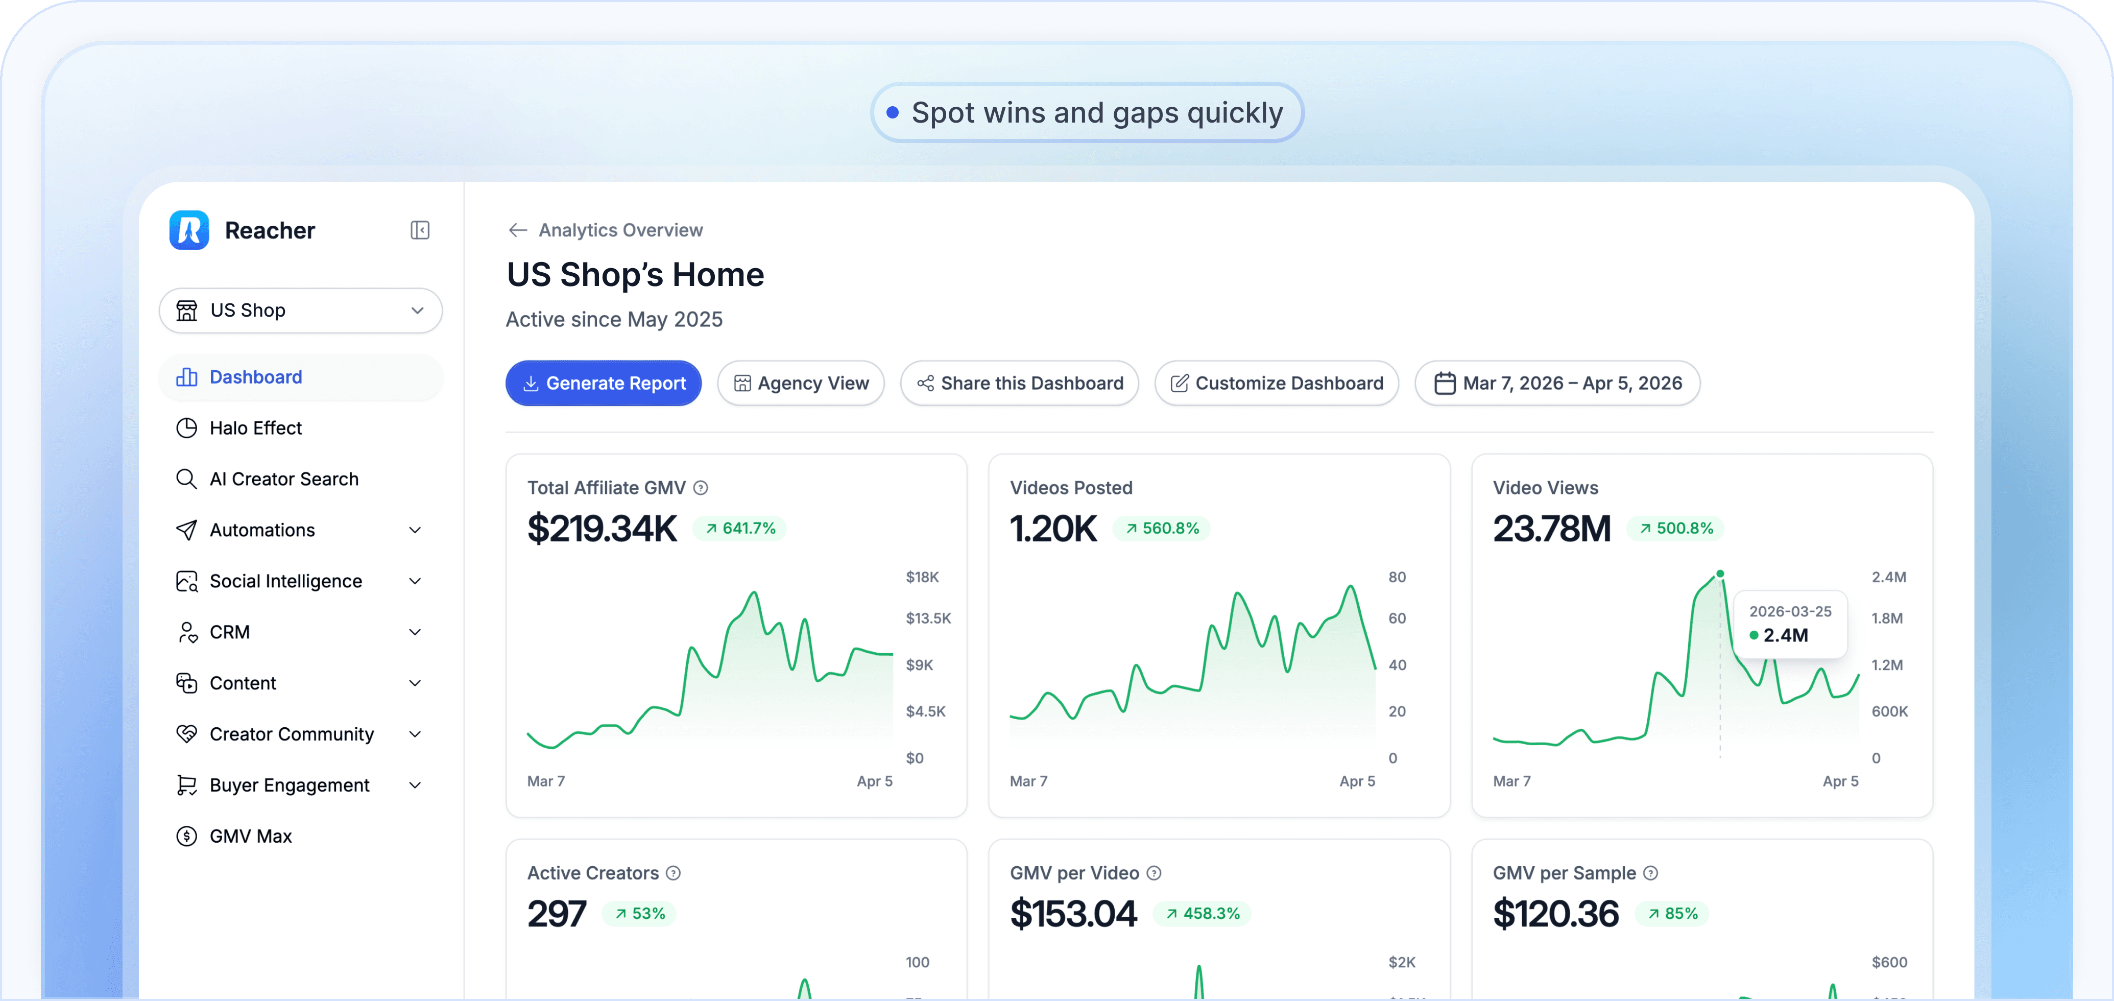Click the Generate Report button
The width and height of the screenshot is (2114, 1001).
(603, 383)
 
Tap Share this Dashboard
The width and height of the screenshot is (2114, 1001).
(1019, 383)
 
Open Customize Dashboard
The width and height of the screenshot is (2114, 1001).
(1276, 383)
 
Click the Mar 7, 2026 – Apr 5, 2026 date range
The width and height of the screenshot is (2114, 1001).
(1557, 383)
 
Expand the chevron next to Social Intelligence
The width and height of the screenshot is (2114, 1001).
(415, 581)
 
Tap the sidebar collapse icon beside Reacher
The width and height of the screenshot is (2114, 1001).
(420, 230)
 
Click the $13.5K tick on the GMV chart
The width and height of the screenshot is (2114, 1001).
(928, 618)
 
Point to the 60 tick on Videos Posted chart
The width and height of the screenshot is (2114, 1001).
(1397, 618)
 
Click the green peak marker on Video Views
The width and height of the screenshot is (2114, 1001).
(1720, 574)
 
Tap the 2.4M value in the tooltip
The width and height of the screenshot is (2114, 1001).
(1786, 635)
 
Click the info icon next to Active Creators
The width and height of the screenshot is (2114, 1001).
(673, 873)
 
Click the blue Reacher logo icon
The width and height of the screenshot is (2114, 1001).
(189, 230)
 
